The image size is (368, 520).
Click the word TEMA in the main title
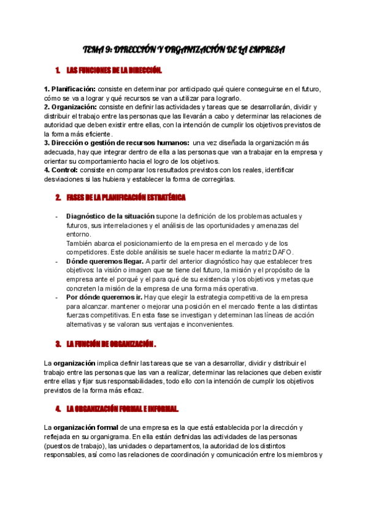tap(94, 49)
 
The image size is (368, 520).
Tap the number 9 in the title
tap(110, 49)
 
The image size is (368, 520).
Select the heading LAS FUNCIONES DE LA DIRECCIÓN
tap(113, 71)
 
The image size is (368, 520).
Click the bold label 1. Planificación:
tap(70, 89)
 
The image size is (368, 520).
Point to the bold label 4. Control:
tap(64, 170)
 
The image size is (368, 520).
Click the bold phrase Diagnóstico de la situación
tap(110, 216)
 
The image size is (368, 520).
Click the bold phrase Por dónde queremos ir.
tap(104, 297)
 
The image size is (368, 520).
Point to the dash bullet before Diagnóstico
tap(57, 216)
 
